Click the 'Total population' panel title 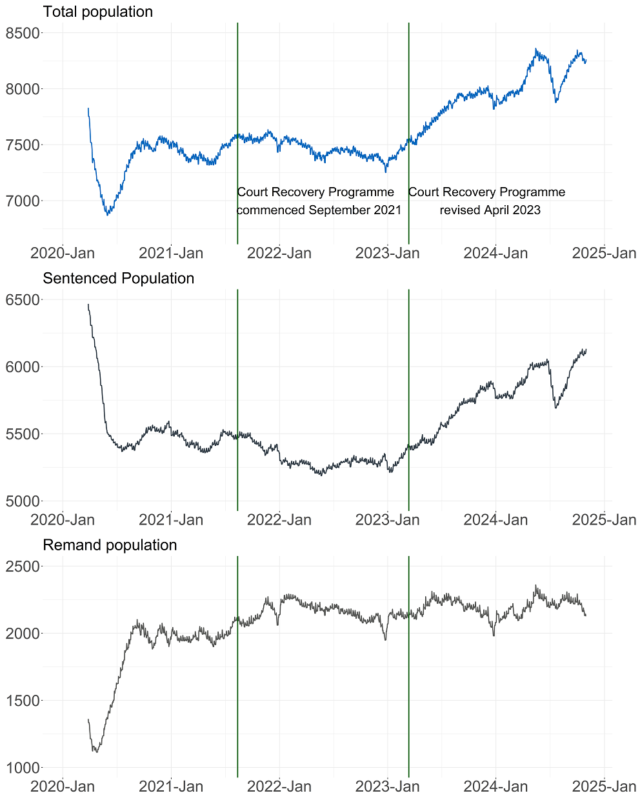97,12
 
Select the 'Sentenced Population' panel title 118,278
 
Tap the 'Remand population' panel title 110,545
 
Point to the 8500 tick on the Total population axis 23,33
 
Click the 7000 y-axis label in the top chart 23,201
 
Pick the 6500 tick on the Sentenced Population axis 23,300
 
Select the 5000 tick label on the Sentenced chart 23,501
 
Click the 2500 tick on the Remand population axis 23,566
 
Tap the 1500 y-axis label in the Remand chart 23,701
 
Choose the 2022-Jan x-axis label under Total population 279,253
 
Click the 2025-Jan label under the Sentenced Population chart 604,519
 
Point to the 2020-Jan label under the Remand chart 63,786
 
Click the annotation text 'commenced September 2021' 319,210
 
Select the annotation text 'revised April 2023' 490,210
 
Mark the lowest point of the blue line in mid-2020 108,214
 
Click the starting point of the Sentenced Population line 88,304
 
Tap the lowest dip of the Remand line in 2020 96,752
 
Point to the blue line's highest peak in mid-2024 535,49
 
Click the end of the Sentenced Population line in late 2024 586,350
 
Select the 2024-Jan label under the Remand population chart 495,786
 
